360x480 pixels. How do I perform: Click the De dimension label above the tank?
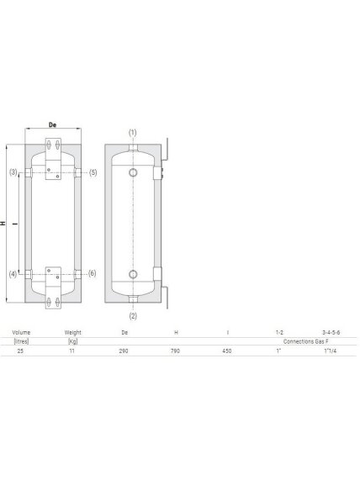point(53,124)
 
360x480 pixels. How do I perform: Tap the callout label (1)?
point(132,133)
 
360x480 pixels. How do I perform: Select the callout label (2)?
point(133,316)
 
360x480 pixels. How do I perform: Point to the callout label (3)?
point(13,172)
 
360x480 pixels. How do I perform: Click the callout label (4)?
point(13,274)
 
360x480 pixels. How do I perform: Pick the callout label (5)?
point(93,172)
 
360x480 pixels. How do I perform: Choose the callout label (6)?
point(93,273)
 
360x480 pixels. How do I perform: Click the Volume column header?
point(21,332)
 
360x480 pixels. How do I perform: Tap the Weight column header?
point(73,332)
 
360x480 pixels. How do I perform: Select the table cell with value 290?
point(124,351)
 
